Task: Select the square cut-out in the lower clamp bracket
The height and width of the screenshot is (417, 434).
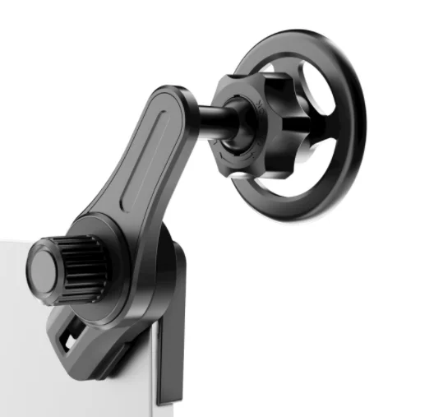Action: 72,334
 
